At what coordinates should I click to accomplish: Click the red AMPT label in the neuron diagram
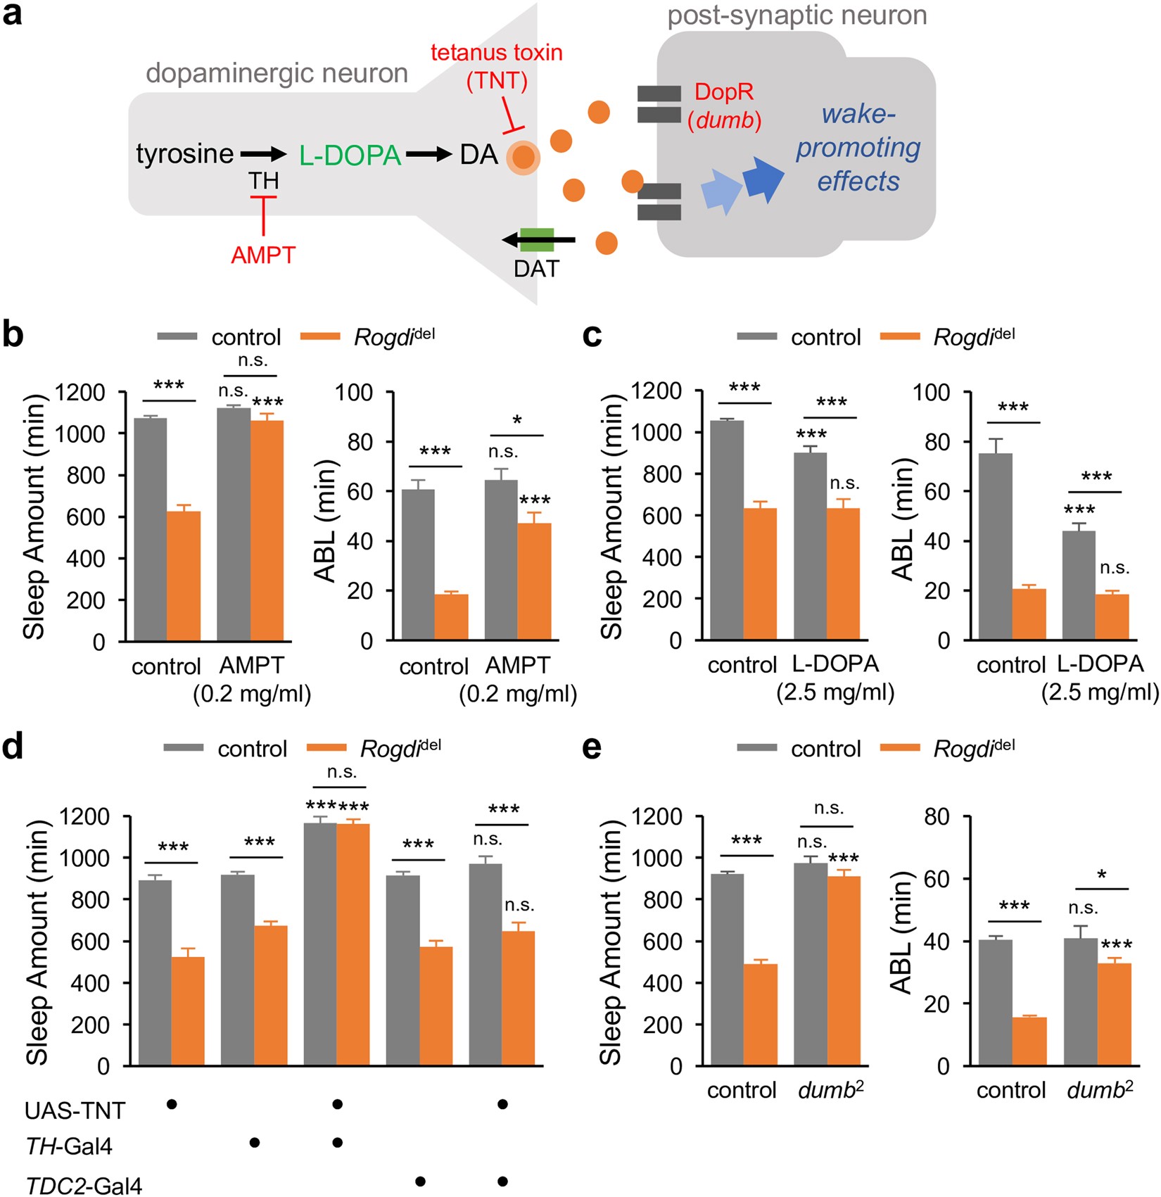[263, 255]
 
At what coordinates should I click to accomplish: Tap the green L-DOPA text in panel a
[350, 156]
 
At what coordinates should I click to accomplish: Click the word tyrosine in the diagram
[184, 154]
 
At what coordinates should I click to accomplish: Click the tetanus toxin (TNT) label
[497, 66]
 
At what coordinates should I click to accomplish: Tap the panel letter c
[592, 336]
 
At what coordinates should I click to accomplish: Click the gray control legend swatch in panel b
[177, 337]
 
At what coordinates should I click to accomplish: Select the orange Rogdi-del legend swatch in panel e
[899, 748]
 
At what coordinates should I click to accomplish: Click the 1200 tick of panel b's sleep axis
[80, 392]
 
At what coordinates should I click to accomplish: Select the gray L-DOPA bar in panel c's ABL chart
[1079, 585]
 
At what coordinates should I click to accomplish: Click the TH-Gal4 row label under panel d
[69, 1147]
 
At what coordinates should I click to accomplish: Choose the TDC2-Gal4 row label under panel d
[84, 1185]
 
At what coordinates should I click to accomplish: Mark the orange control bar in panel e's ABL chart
[1029, 1041]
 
